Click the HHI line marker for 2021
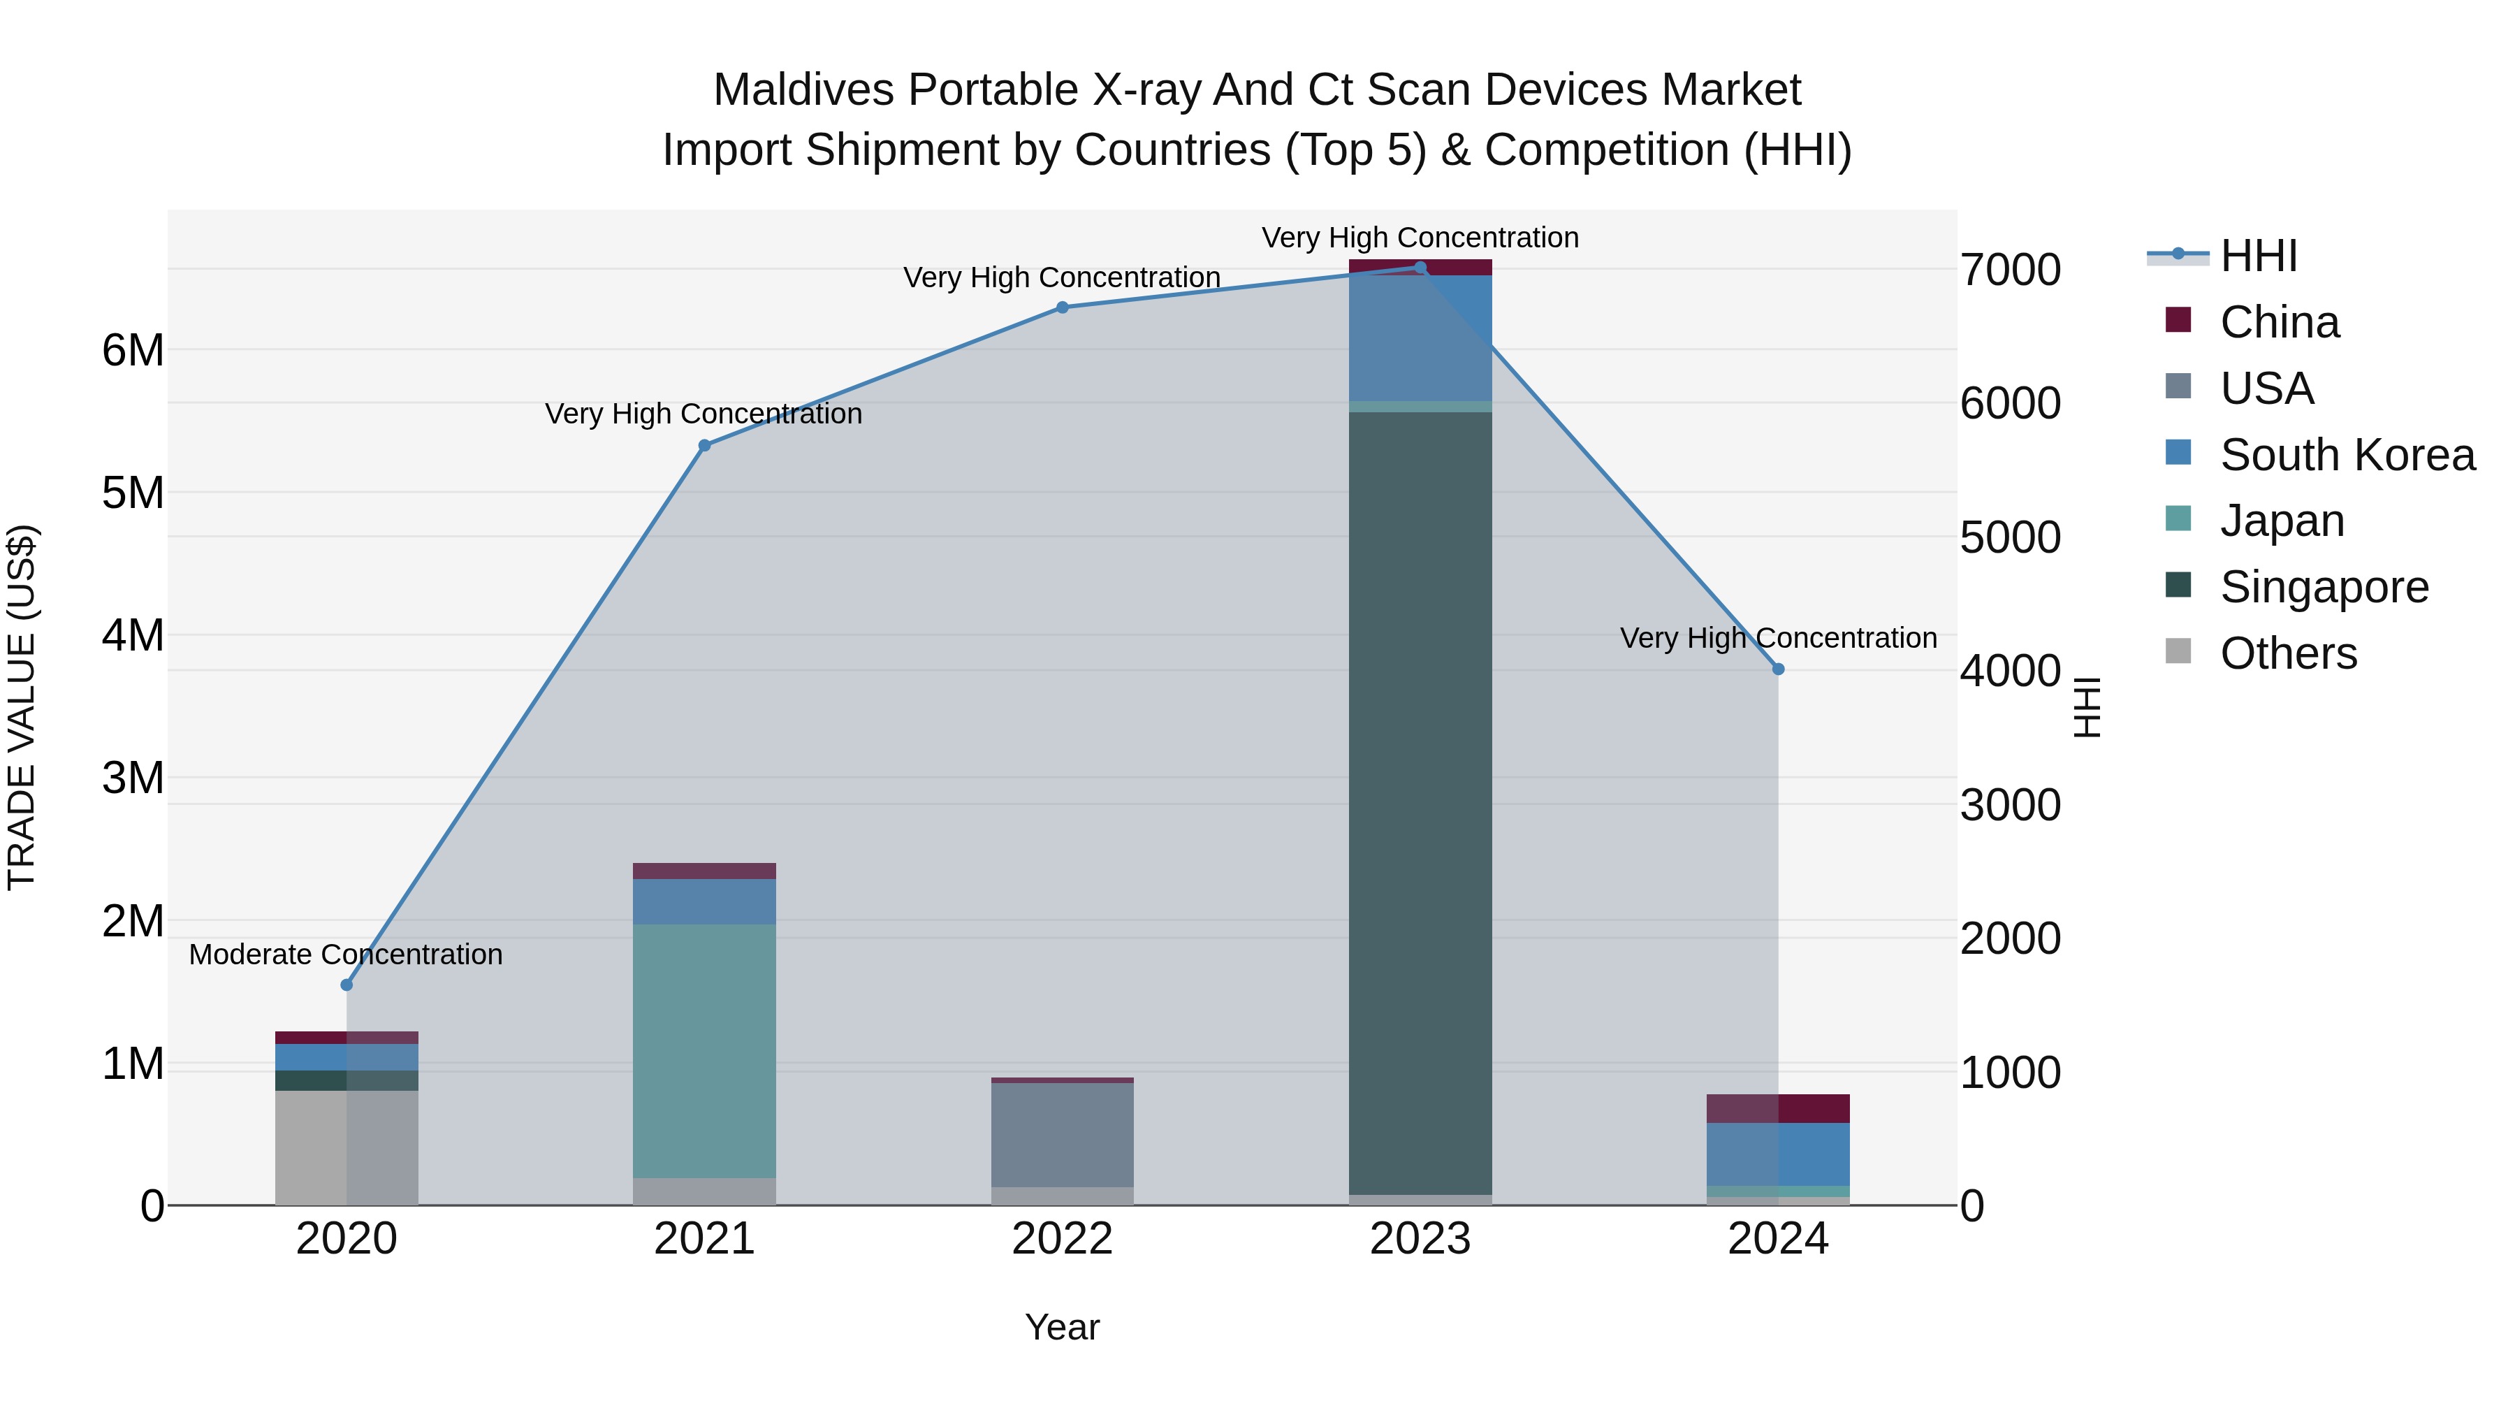tap(704, 445)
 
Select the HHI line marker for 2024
tap(1778, 669)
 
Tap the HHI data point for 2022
tap(1062, 307)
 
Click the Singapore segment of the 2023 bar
tap(1420, 801)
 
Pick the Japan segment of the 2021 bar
tap(704, 1050)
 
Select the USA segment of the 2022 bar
tap(1062, 1135)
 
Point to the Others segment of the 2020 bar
tap(346, 1147)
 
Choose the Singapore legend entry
tap(2324, 587)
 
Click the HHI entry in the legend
tap(2257, 256)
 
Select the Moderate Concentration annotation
tap(346, 954)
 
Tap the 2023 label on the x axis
tap(1420, 1239)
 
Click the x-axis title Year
tap(1062, 1327)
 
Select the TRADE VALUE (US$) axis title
tap(22, 707)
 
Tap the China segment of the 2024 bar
tap(1778, 1108)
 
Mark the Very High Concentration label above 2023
tap(1420, 238)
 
